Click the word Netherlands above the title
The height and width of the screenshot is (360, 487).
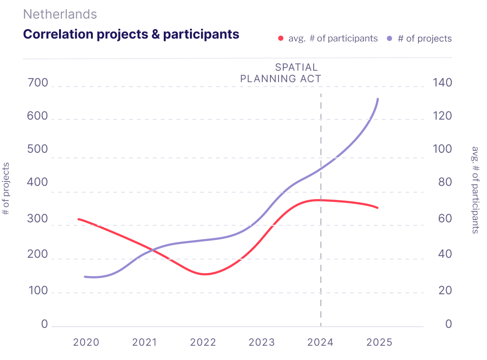60,14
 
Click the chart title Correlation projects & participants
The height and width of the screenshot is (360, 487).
131,34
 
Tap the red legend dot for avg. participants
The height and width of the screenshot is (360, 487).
281,39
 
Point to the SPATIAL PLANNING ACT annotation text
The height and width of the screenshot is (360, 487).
281,73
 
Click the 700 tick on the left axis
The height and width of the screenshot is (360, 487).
38,83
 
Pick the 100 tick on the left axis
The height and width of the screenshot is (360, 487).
38,291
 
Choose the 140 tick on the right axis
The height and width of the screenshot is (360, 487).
442,83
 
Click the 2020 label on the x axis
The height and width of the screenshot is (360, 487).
86,342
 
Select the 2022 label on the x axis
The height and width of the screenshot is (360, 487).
203,342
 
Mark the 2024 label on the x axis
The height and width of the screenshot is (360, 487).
320,342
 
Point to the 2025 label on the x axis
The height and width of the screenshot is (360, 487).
379,342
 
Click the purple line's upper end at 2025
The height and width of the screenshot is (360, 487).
378,99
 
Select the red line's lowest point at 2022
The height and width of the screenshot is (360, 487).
204,274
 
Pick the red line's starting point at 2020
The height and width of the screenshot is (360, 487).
79,219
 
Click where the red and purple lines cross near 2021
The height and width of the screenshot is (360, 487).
152,250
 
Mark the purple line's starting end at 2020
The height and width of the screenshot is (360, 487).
85,277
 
